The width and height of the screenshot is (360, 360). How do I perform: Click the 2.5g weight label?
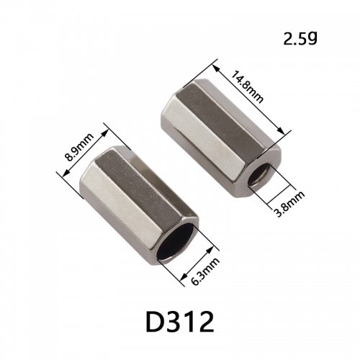pyautogui.click(x=300, y=38)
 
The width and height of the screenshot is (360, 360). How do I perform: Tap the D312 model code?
pyautogui.click(x=180, y=321)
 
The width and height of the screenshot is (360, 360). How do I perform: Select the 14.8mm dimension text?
pyautogui.click(x=247, y=86)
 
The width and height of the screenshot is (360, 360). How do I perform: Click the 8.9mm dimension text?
pyautogui.click(x=80, y=148)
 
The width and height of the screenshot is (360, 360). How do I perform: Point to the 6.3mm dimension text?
pyautogui.click(x=205, y=271)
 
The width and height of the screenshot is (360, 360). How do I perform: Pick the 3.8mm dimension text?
pyautogui.click(x=289, y=204)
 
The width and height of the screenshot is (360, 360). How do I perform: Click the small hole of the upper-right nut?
pyautogui.click(x=260, y=175)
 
